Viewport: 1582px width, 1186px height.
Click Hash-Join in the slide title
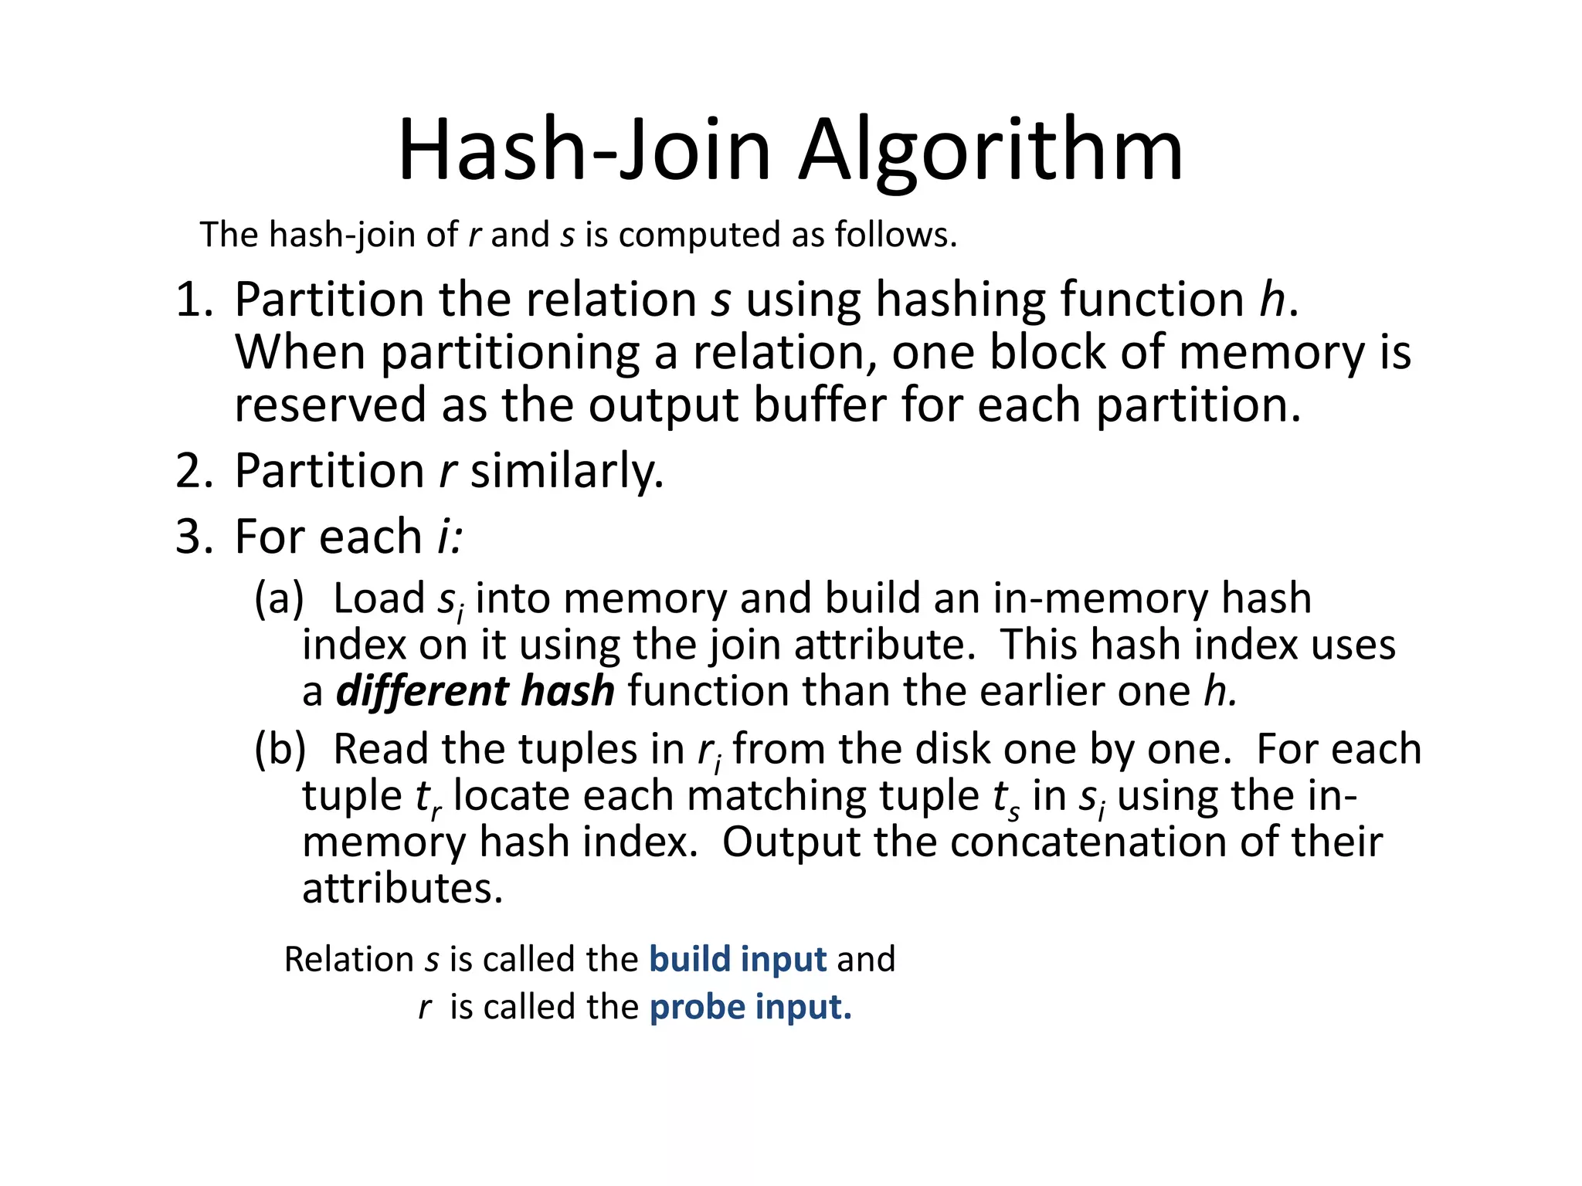[x=584, y=151]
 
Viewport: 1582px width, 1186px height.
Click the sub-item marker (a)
[x=279, y=598]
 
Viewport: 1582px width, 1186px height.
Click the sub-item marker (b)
[x=280, y=749]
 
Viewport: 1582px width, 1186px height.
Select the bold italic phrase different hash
[x=475, y=690]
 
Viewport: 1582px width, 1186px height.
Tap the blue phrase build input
[x=738, y=959]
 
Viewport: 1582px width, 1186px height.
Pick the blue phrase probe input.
[x=750, y=1007]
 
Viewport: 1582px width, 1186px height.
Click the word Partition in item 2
[x=329, y=471]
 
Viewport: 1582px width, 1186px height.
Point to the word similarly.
[x=566, y=471]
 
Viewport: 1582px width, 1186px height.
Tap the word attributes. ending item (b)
[x=402, y=888]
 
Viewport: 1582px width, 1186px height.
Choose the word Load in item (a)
[x=379, y=598]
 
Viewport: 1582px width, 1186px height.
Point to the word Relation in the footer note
[x=348, y=959]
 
